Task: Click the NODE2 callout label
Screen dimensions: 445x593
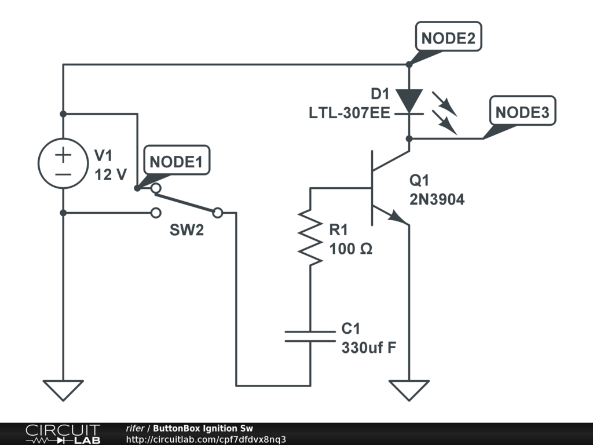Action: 448,38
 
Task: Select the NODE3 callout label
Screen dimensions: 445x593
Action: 522,112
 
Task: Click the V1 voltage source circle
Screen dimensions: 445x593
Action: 63,163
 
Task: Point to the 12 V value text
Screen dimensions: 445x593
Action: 111,174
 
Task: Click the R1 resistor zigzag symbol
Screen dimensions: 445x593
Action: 310,237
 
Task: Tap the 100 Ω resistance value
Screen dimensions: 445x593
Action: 351,250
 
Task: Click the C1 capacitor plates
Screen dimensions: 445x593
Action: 310,336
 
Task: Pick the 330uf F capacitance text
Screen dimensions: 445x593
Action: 368,348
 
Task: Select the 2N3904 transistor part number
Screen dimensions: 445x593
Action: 437,200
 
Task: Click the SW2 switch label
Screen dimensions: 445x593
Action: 186,230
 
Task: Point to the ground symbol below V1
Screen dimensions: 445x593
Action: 63,390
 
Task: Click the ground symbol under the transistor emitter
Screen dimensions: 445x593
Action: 409,390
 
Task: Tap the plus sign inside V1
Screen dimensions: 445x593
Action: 63,155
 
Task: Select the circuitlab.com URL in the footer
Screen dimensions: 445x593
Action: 206,439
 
